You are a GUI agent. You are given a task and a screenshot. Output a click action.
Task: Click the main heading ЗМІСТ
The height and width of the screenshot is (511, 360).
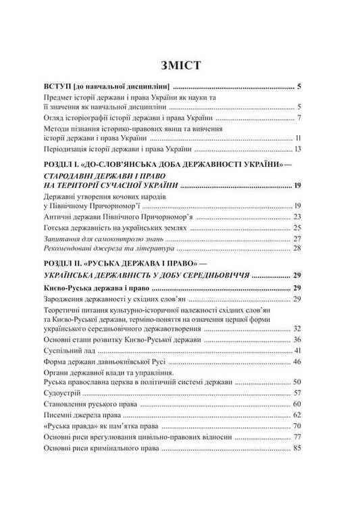point(180,66)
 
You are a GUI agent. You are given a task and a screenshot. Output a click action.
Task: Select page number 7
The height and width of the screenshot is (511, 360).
point(299,119)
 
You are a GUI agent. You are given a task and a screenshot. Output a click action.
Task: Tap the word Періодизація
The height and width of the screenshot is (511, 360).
point(70,149)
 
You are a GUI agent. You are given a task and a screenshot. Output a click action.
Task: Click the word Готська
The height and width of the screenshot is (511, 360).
point(59,228)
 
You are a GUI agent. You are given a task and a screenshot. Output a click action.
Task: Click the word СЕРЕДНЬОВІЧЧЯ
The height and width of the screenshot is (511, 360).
point(224,276)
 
